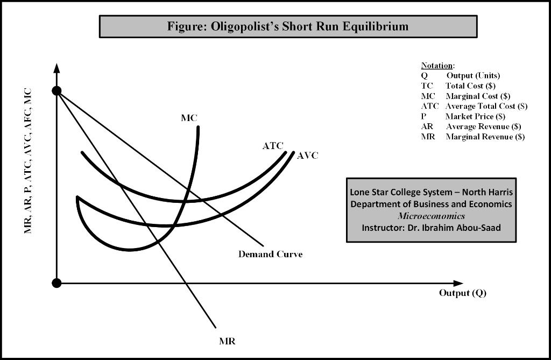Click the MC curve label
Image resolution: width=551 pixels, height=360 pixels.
189,118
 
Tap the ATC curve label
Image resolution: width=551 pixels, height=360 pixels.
273,146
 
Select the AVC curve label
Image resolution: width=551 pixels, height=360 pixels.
308,156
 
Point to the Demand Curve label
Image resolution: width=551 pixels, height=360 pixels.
270,254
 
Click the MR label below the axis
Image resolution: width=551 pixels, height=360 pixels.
228,341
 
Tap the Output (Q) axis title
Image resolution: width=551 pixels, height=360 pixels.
463,293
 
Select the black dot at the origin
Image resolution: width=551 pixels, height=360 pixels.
56,283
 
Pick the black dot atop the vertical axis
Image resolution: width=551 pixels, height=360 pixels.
56,90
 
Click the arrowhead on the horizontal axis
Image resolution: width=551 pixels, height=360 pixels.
458,283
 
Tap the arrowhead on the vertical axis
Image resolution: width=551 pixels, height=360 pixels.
56,68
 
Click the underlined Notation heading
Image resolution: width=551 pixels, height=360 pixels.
437,66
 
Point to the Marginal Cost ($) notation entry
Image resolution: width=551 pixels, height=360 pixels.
477,96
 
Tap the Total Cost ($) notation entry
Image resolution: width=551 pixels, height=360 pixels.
470,86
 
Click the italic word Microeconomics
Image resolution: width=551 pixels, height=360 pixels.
431,216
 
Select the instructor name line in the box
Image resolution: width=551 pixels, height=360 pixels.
431,227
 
